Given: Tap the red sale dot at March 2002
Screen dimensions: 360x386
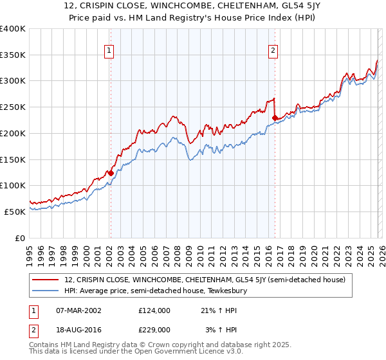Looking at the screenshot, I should (111, 172).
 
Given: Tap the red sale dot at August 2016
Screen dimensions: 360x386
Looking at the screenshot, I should (275, 118).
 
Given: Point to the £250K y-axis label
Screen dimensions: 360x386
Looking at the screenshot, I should (13, 107).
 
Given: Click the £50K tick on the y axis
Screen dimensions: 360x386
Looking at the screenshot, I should (15, 212).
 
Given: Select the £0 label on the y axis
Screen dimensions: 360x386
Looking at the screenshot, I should (21, 238).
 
